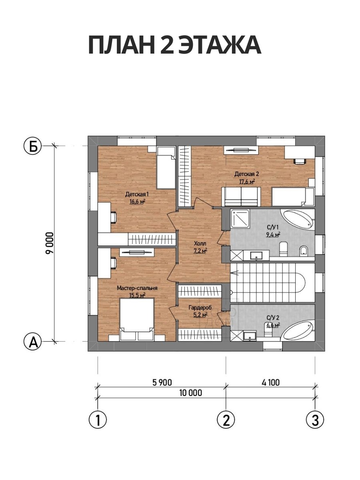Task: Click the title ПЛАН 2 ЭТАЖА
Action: click(x=175, y=45)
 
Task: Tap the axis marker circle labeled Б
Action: click(x=32, y=147)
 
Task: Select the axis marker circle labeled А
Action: click(x=32, y=342)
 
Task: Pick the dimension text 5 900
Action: click(x=162, y=382)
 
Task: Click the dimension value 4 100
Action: click(x=270, y=382)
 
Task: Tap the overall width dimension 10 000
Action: click(x=191, y=393)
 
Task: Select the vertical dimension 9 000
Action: click(x=50, y=243)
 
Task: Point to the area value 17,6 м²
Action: click(x=247, y=182)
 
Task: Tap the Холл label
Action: click(x=200, y=243)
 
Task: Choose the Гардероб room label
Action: click(x=200, y=308)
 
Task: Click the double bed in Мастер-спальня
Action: click(x=137, y=319)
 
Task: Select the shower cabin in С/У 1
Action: click(x=240, y=218)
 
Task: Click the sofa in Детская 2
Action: click(x=241, y=196)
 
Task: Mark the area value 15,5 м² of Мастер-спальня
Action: click(x=137, y=295)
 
